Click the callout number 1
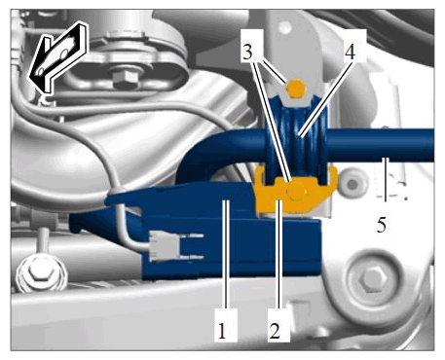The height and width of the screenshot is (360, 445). [x=222, y=331]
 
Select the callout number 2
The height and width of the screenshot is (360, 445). [x=275, y=331]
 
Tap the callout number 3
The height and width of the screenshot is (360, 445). [x=247, y=52]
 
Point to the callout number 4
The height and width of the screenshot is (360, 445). [x=350, y=52]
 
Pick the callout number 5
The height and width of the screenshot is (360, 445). [x=382, y=224]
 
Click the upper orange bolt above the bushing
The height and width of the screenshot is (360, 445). [x=296, y=89]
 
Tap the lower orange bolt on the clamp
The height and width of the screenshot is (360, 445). [x=296, y=192]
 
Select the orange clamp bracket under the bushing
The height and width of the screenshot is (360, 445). [x=294, y=190]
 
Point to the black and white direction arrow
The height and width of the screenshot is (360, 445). [x=58, y=55]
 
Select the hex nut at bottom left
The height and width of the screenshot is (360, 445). [x=40, y=270]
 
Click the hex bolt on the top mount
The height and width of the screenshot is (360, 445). [x=125, y=78]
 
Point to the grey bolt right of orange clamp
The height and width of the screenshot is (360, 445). [x=352, y=184]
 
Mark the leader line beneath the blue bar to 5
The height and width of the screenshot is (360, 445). [x=386, y=179]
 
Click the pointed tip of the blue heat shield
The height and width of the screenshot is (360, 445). [x=106, y=200]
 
